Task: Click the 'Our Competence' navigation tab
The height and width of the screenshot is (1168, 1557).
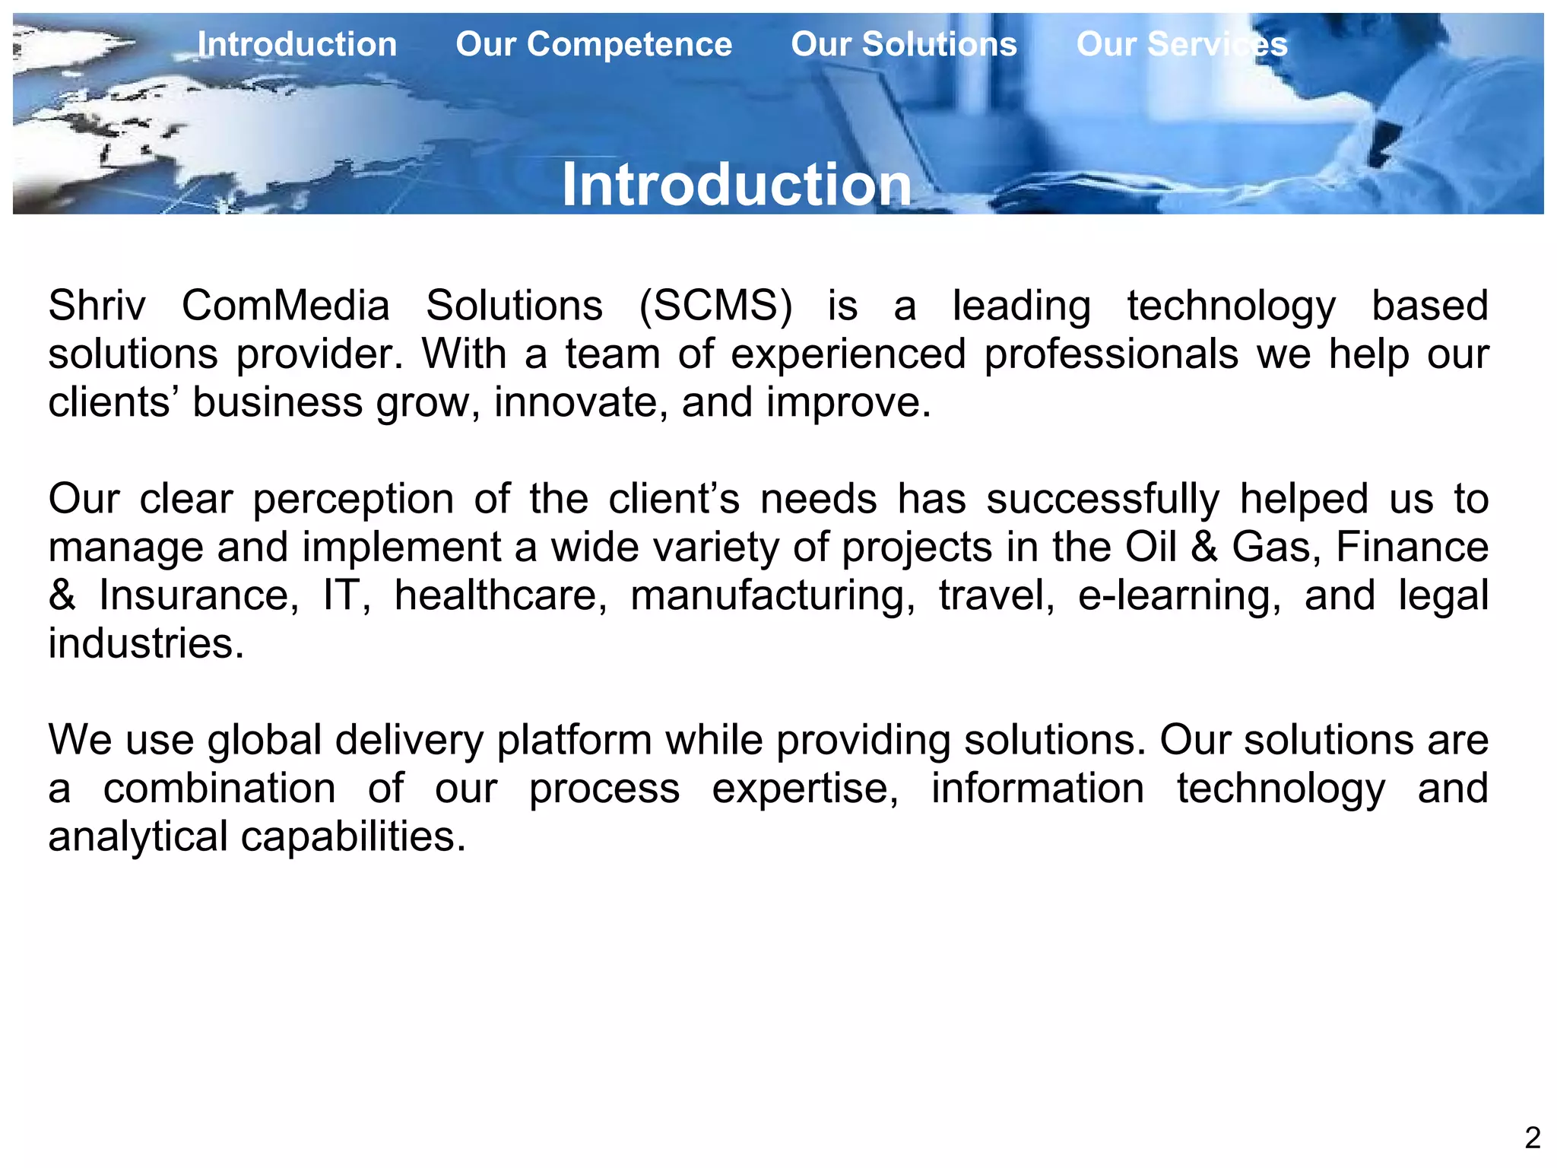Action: pos(594,44)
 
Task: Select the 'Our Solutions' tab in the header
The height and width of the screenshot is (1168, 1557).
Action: pos(904,44)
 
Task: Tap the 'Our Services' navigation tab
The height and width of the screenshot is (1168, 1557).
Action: pos(1181,44)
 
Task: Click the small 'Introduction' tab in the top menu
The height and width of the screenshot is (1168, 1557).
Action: pos(297,44)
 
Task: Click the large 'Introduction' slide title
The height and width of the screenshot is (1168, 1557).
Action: pos(736,185)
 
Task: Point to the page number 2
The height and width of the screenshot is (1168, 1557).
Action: pos(1532,1138)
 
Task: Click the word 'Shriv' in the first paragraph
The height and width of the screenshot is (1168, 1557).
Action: pos(97,306)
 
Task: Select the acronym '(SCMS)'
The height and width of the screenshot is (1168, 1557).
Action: pos(715,306)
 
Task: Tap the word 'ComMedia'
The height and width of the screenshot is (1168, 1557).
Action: pos(286,306)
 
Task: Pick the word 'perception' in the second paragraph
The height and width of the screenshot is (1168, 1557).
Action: pos(354,500)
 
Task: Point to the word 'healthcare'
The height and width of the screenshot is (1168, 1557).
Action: pos(500,595)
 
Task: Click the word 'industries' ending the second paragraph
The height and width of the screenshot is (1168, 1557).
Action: pos(146,644)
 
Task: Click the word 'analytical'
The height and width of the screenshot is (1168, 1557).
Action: pos(138,836)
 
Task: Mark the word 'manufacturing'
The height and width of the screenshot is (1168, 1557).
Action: pos(773,595)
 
